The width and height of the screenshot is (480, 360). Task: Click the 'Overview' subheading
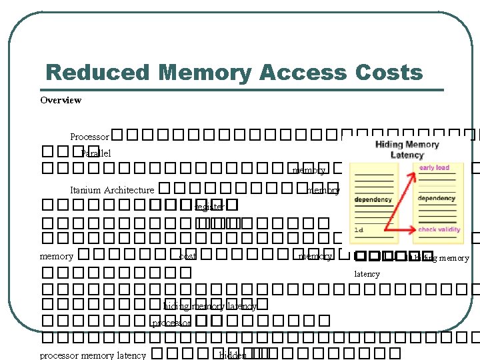[61, 100]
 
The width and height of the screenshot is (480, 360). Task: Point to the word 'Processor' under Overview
[89, 137]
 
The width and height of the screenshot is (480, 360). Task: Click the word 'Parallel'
[96, 153]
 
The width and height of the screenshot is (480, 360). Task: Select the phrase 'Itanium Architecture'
[112, 190]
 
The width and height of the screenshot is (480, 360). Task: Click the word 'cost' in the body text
[187, 256]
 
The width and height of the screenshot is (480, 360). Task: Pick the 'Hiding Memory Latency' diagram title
[407, 149]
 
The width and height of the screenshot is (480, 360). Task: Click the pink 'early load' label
[434, 168]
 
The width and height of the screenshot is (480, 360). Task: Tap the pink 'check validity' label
[439, 230]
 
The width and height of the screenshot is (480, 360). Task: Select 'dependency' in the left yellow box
[373, 199]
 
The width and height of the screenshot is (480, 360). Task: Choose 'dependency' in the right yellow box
[437, 198]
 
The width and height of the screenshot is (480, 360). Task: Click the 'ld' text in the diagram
[359, 230]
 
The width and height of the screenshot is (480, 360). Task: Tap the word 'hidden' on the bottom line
[233, 355]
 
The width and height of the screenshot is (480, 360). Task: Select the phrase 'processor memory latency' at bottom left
[93, 355]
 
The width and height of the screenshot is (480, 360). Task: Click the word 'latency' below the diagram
[367, 274]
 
